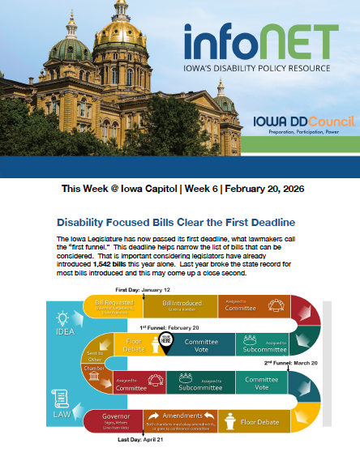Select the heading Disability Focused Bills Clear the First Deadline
[175, 221]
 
